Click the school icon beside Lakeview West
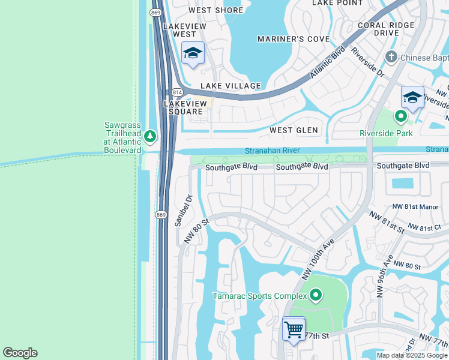[193, 54]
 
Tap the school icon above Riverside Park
[412, 97]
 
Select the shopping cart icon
[294, 329]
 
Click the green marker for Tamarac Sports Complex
[316, 295]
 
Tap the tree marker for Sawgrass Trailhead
[150, 137]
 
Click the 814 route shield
[176, 92]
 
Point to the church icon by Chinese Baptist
[391, 58]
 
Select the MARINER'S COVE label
[294, 39]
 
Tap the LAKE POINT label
[337, 3]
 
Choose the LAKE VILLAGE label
[231, 86]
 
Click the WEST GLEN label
[294, 130]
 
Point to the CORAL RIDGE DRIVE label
[385, 29]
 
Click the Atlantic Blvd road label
[328, 62]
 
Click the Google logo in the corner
[20, 353]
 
